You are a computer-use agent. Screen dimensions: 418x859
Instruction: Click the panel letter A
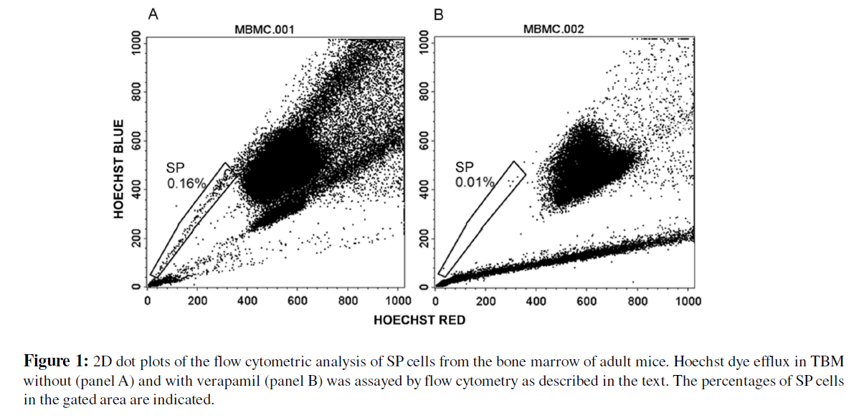point(152,14)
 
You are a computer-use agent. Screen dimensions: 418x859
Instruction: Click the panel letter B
point(440,14)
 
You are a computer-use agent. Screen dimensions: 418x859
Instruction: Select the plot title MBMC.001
point(265,29)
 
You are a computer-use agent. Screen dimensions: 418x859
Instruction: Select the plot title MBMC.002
point(553,29)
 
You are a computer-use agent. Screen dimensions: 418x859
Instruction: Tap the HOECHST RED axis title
point(419,320)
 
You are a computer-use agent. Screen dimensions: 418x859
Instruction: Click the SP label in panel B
point(465,167)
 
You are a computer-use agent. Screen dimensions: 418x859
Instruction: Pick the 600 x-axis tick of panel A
point(297,301)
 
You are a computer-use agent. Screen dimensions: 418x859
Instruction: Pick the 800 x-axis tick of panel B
point(637,301)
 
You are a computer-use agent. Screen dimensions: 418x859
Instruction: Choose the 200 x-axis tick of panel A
point(197,301)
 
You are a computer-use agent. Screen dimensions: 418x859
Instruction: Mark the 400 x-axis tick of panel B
point(536,301)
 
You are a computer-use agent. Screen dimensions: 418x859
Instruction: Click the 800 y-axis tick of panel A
point(134,92)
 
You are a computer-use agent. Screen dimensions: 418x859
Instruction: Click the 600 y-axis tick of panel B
point(423,141)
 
